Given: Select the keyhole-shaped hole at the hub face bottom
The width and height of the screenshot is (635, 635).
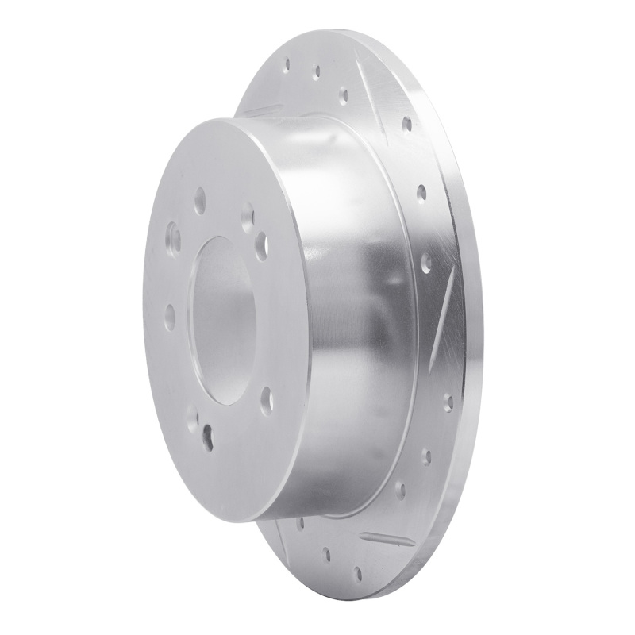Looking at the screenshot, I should [208, 433].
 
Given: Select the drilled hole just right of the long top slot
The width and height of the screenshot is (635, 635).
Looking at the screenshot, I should [406, 124].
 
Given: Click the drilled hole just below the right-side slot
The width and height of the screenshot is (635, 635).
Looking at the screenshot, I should [447, 397].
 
